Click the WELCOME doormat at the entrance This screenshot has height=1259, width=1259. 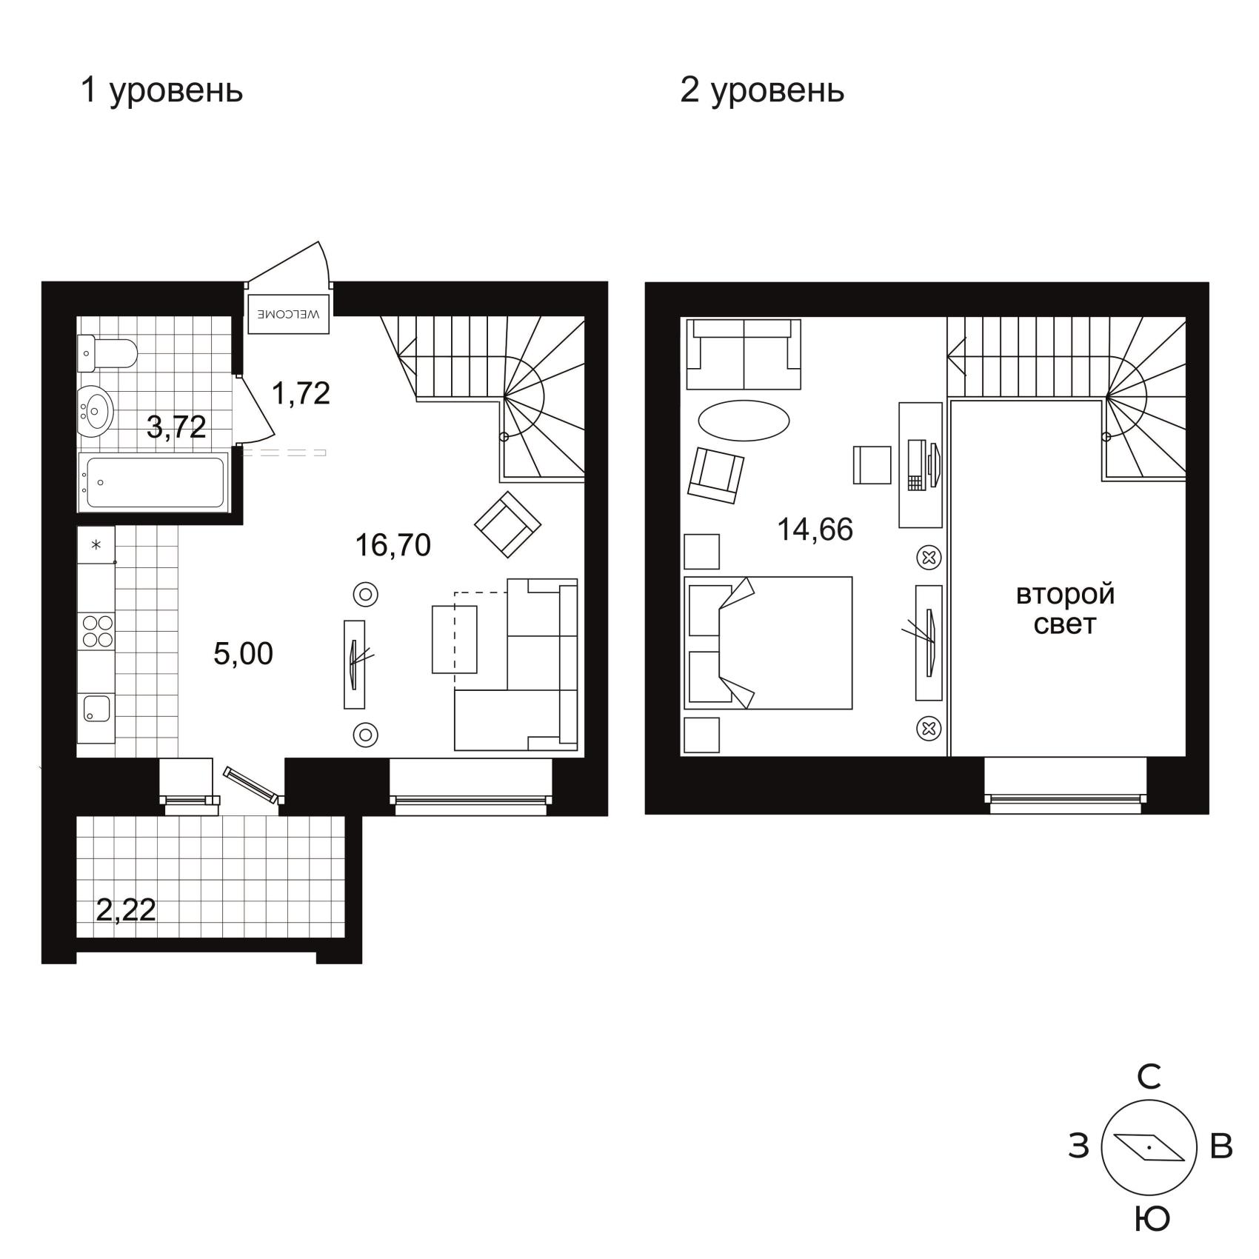pyautogui.click(x=289, y=314)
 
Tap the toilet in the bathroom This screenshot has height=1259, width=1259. pyautogui.click(x=107, y=353)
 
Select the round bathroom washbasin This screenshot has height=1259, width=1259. pyautogui.click(x=96, y=410)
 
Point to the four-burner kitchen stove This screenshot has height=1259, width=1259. pyautogui.click(x=97, y=631)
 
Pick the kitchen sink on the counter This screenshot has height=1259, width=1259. pyautogui.click(x=96, y=708)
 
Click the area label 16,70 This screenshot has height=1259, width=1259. pyautogui.click(x=393, y=546)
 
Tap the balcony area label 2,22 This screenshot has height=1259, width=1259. pyautogui.click(x=126, y=910)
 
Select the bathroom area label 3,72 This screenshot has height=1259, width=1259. pyautogui.click(x=176, y=427)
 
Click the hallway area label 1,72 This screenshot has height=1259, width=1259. pyautogui.click(x=301, y=393)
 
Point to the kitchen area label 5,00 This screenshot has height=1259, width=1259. pyautogui.click(x=243, y=654)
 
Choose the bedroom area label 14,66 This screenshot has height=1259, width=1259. pyautogui.click(x=815, y=530)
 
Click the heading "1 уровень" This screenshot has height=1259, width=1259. pyautogui.click(x=161, y=92)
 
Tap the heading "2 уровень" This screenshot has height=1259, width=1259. pyautogui.click(x=762, y=92)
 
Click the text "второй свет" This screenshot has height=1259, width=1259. pyautogui.click(x=1065, y=610)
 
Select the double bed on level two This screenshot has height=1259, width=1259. pyautogui.click(x=768, y=643)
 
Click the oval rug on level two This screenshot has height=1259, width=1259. pyautogui.click(x=744, y=421)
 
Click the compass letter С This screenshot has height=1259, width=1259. pyautogui.click(x=1149, y=1078)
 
